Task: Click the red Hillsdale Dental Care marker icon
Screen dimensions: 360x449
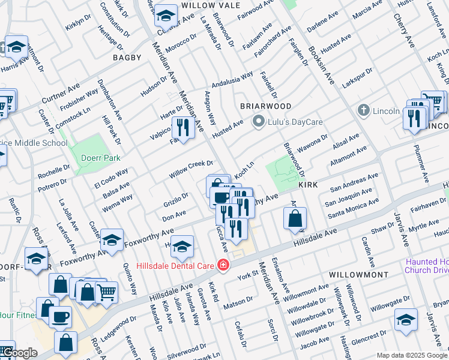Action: click(x=223, y=265)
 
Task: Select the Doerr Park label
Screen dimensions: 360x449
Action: click(x=101, y=158)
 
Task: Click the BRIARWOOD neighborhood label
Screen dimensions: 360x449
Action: click(x=266, y=106)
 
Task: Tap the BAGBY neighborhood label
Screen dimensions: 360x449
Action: click(x=127, y=58)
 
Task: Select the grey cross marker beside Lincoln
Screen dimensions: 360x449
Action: click(x=363, y=110)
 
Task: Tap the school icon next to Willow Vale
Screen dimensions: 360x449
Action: click(x=165, y=13)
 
